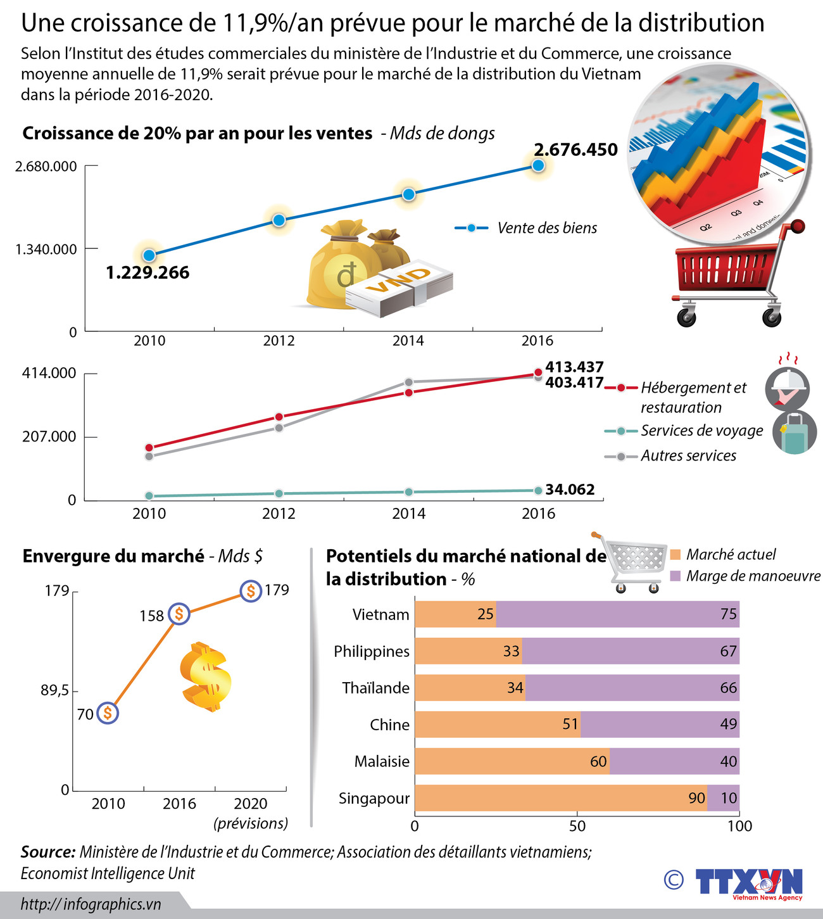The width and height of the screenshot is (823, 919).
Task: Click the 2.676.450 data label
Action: click(575, 149)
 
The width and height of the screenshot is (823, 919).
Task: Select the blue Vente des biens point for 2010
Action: click(149, 255)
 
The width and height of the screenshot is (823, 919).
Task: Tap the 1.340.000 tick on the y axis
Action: click(46, 250)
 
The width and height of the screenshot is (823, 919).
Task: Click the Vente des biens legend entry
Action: click(525, 228)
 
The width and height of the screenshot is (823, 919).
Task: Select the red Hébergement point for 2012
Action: click(279, 417)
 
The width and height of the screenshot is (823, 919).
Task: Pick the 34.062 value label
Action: click(570, 490)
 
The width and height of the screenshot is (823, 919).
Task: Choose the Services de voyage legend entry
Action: click(684, 431)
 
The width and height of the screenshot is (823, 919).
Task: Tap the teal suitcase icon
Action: click(794, 433)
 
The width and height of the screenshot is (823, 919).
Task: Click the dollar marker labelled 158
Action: click(179, 614)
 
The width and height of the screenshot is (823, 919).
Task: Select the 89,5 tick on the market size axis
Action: click(55, 690)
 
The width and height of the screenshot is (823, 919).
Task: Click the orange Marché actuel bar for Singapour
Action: click(560, 798)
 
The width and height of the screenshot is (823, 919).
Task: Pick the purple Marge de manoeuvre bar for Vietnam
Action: click(617, 614)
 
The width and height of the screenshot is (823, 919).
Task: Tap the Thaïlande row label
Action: click(375, 688)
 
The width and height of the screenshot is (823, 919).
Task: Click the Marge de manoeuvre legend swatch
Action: click(675, 576)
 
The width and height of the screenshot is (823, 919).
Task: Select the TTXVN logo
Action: click(748, 882)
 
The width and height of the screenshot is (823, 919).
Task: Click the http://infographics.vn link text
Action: click(91, 904)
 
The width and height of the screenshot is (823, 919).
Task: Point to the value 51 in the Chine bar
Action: click(570, 724)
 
